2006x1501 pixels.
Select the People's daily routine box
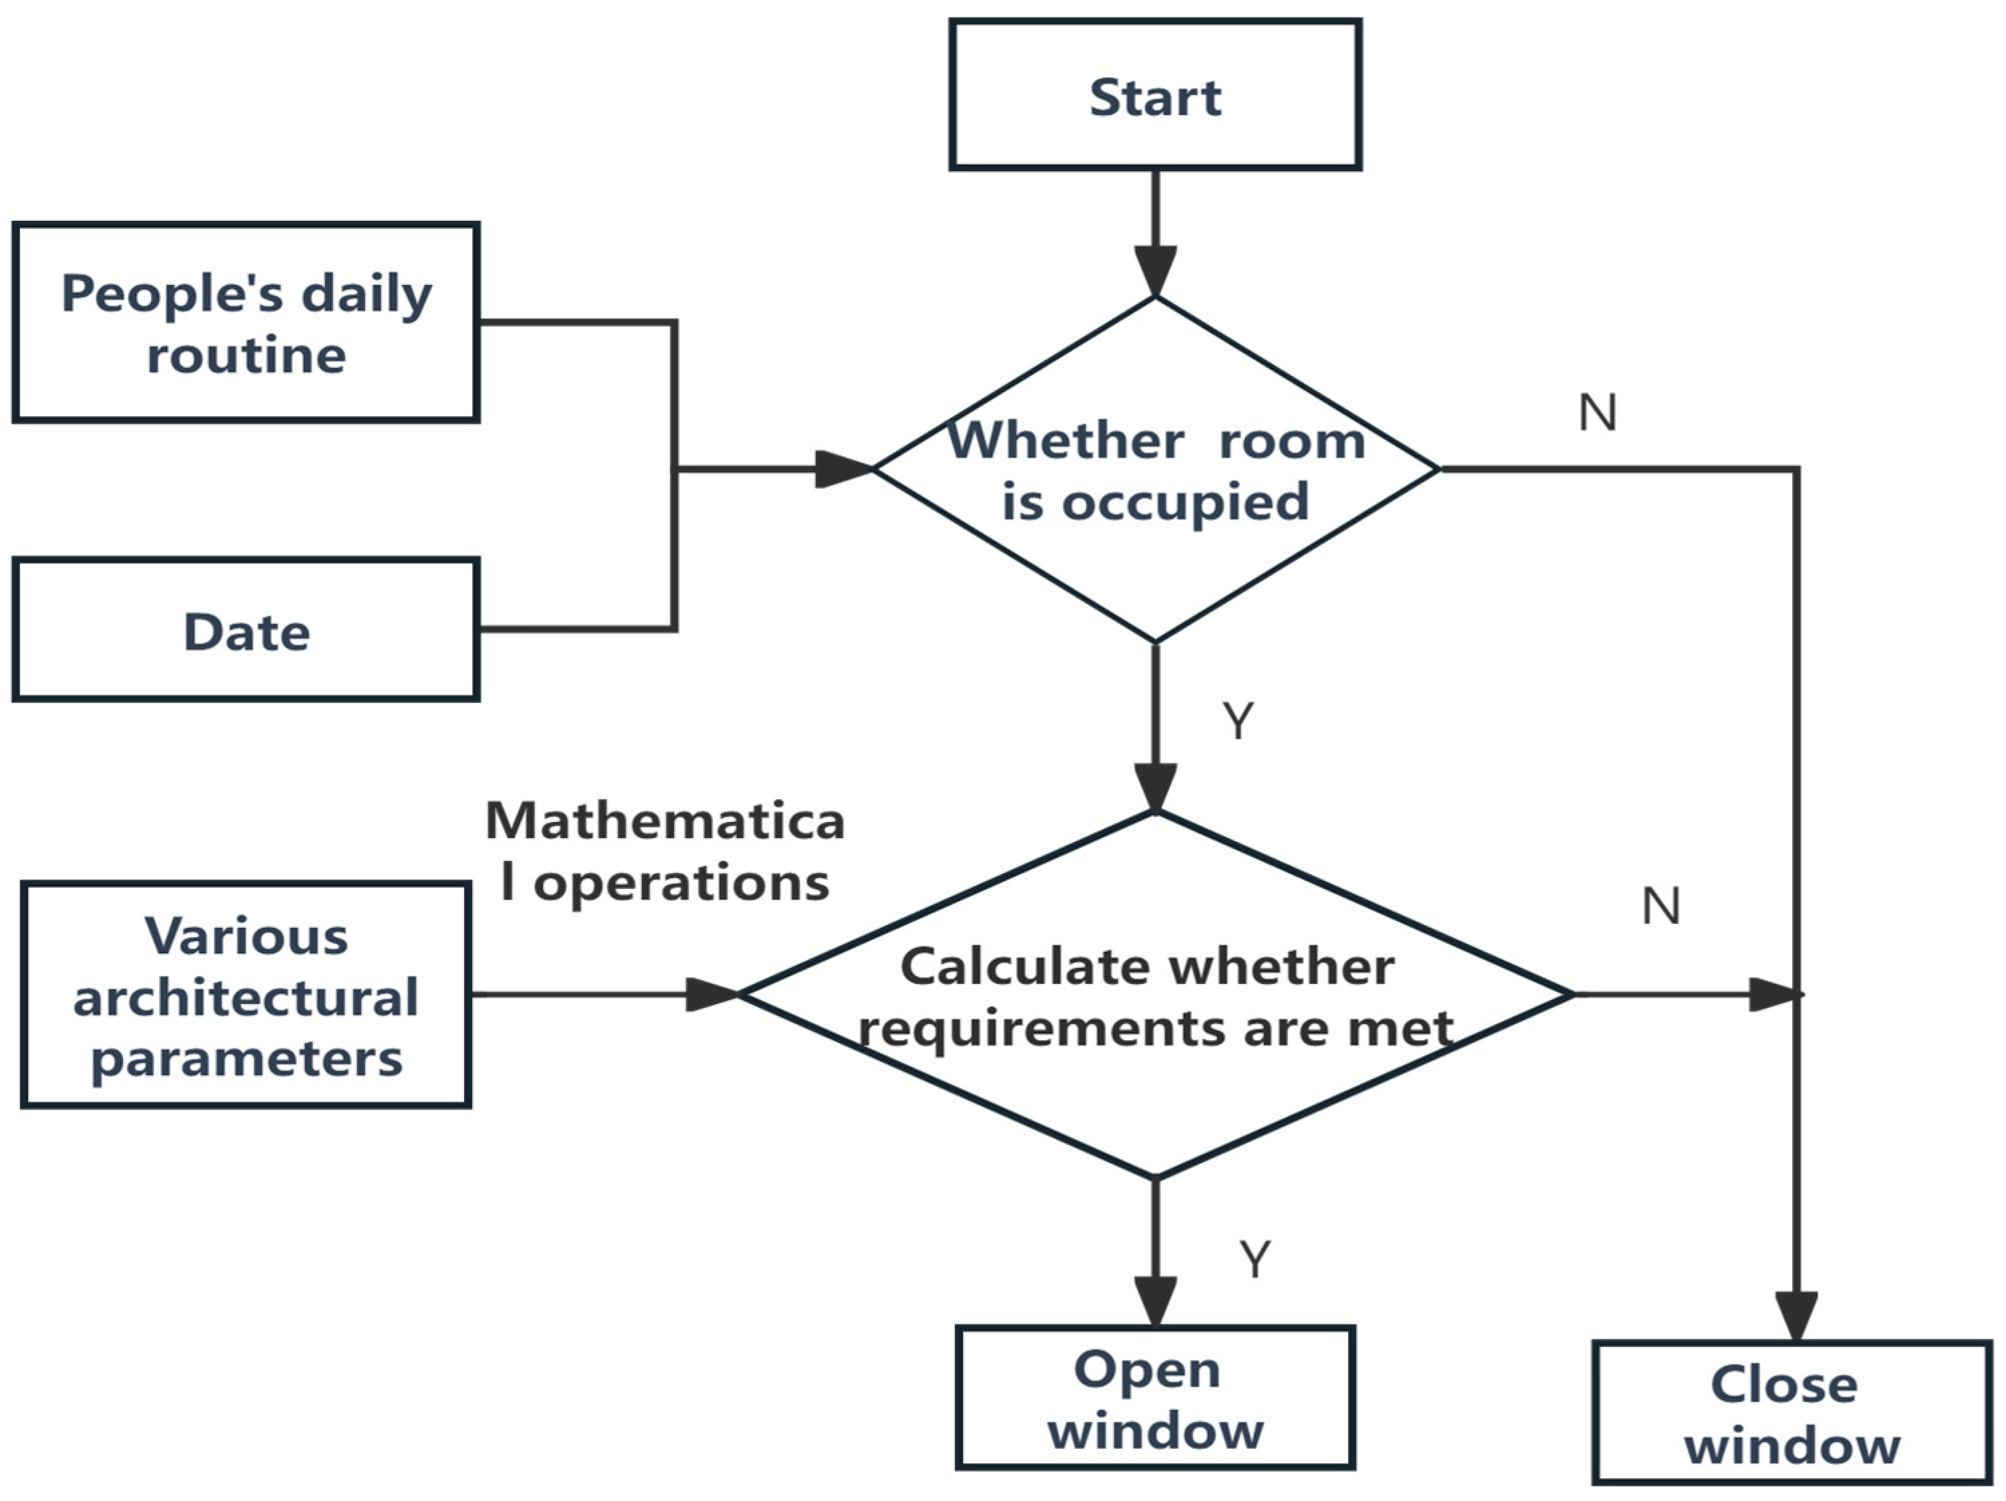(x=246, y=323)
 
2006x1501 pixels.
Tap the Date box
(x=246, y=630)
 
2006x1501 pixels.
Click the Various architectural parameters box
(x=246, y=996)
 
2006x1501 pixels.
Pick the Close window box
(x=1792, y=1413)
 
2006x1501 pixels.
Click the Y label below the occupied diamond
(x=1238, y=721)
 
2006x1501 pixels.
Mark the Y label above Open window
(x=1254, y=1259)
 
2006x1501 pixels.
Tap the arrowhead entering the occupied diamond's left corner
(x=843, y=469)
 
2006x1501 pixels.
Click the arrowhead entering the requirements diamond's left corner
(x=713, y=994)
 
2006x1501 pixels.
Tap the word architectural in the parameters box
(x=246, y=997)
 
